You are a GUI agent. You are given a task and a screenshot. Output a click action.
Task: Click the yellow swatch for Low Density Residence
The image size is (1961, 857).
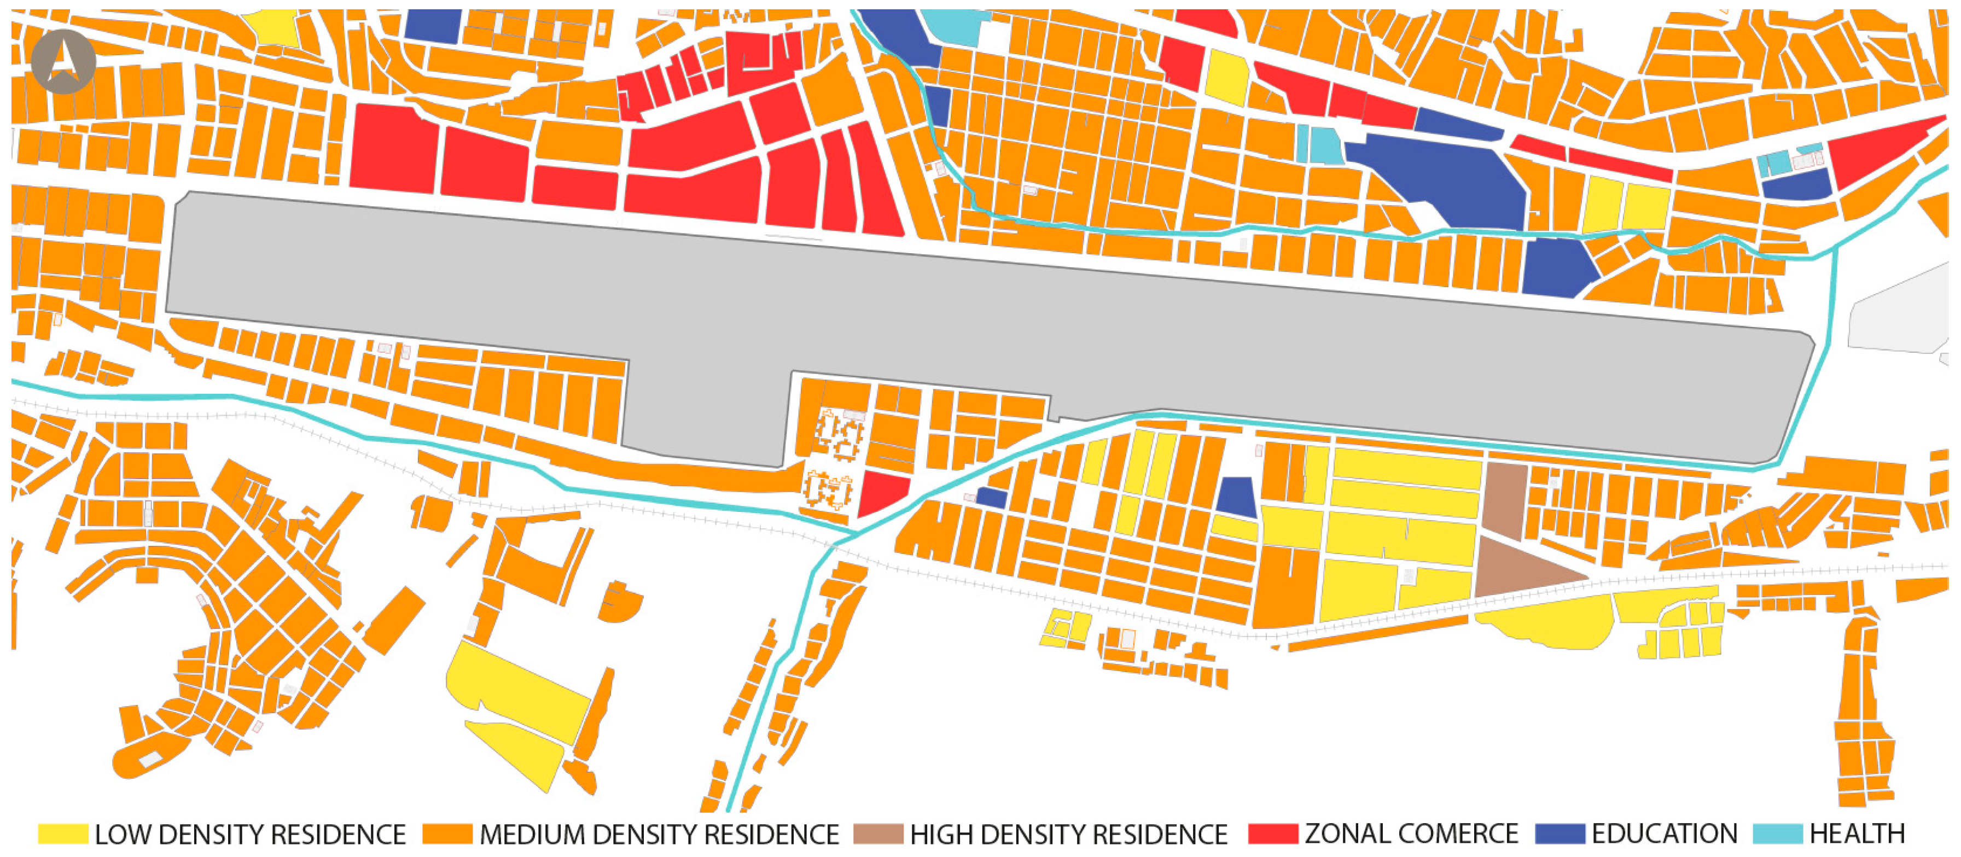tap(63, 834)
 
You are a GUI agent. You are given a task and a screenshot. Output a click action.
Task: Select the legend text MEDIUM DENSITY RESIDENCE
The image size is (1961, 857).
tap(659, 834)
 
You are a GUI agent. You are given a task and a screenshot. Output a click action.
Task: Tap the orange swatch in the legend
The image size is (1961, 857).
tap(447, 834)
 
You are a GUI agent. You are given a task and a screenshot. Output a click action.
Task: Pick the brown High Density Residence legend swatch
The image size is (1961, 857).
tap(878, 834)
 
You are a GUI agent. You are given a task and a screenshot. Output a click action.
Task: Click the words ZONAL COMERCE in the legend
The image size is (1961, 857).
tap(1411, 834)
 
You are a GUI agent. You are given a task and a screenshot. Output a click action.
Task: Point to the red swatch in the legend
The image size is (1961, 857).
tap(1273, 834)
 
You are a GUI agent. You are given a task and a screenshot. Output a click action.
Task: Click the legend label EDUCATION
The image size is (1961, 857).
tap(1664, 834)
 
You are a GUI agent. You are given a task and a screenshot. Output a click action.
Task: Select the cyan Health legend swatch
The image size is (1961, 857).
tap(1778, 834)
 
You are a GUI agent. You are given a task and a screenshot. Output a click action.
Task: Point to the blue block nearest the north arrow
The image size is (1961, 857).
tap(432, 25)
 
